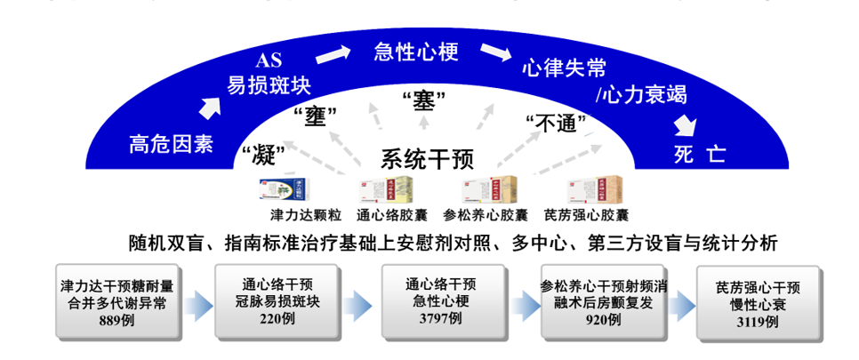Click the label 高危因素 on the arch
[171, 144]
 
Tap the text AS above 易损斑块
[269, 61]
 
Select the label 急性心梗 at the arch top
[415, 52]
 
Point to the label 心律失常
[565, 68]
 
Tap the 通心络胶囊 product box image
[386, 190]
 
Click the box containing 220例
[277, 301]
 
